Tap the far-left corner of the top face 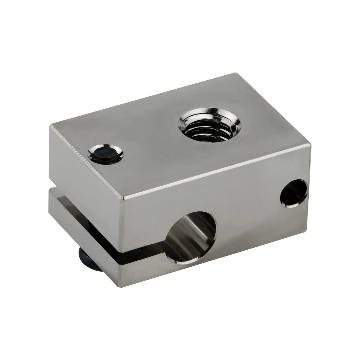coord(50,126)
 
